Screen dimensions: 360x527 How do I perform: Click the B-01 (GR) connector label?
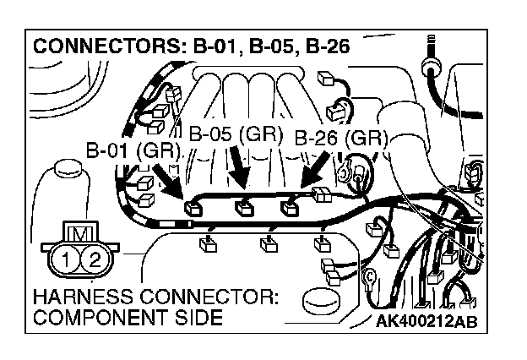pos(134,150)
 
